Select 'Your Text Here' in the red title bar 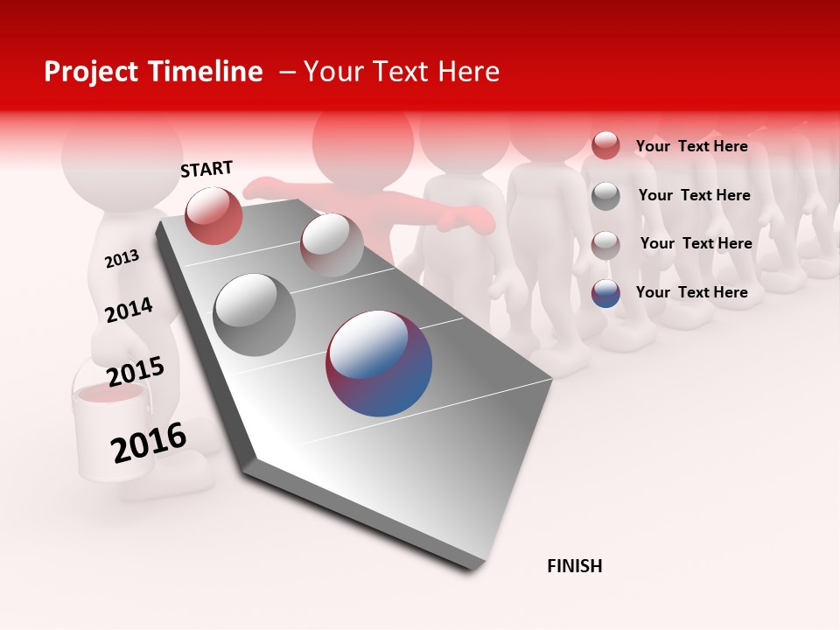click(x=402, y=72)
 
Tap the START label click(x=206, y=169)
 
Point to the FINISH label click(x=574, y=566)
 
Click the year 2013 click(x=122, y=259)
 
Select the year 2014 click(x=129, y=310)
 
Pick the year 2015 click(x=135, y=372)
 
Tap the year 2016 click(x=148, y=443)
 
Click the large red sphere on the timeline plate click(x=213, y=215)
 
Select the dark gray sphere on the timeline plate click(x=255, y=315)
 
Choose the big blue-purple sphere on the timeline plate click(x=379, y=363)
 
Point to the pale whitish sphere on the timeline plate click(x=332, y=245)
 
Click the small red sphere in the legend click(x=605, y=145)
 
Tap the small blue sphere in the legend click(x=605, y=293)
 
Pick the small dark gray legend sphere click(x=605, y=196)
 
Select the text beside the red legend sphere click(x=691, y=146)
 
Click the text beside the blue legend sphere click(x=691, y=292)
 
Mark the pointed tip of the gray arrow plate click(x=472, y=567)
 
